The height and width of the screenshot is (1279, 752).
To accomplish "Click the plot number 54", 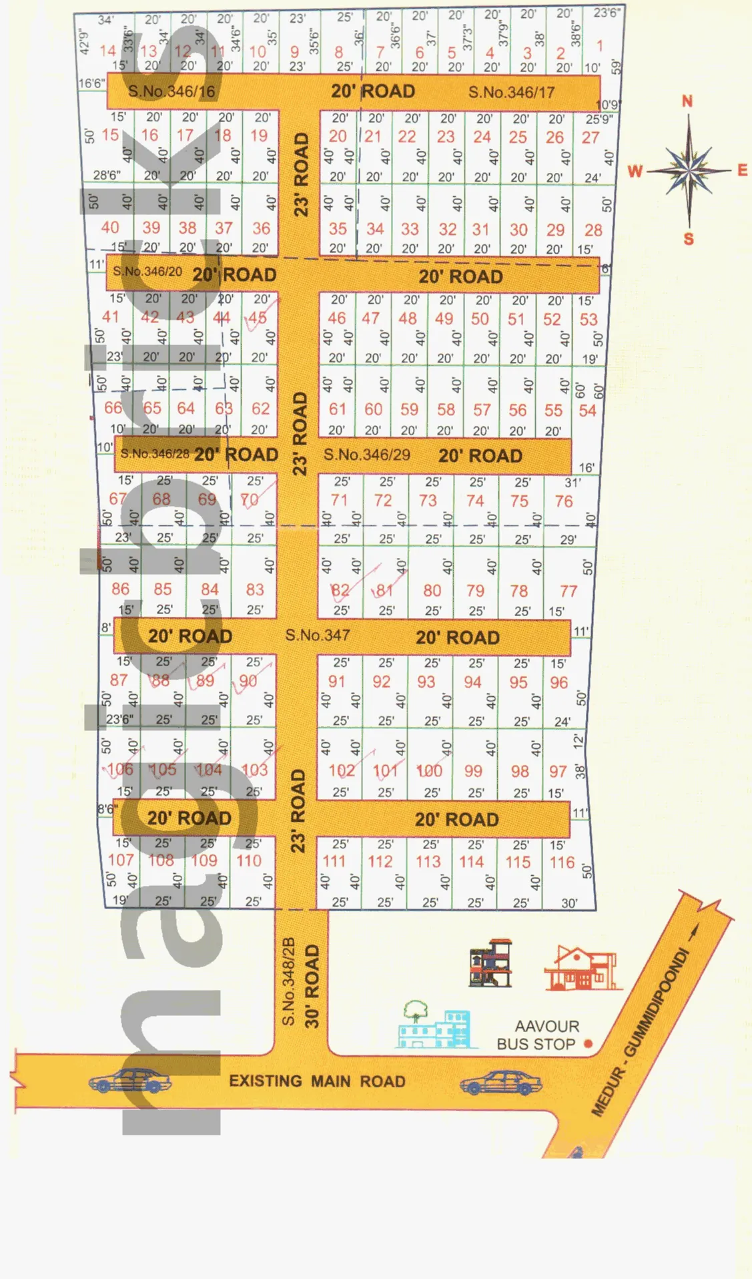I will [587, 411].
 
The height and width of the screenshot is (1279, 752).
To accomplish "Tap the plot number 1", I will [599, 45].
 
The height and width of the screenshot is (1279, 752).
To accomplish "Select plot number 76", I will [564, 501].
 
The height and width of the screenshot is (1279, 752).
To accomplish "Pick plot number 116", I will [562, 862].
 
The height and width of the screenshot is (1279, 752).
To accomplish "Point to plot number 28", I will [593, 230].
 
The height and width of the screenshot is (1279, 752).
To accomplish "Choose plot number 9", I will [294, 51].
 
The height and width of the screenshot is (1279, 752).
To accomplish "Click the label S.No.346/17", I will [511, 92].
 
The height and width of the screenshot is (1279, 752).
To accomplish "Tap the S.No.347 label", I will [318, 635].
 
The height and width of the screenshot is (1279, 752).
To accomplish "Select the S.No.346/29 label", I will [367, 455].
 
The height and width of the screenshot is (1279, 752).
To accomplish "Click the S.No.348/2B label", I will [288, 982].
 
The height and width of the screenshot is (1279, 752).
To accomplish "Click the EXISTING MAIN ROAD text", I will [317, 1081].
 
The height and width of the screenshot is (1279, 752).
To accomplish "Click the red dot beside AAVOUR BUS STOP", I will [588, 1043].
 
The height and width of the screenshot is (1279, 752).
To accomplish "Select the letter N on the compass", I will [687, 101].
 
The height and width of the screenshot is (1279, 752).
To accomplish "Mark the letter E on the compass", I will [742, 170].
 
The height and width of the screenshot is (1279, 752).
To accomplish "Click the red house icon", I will [583, 968].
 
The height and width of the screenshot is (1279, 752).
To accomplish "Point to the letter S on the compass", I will [689, 239].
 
